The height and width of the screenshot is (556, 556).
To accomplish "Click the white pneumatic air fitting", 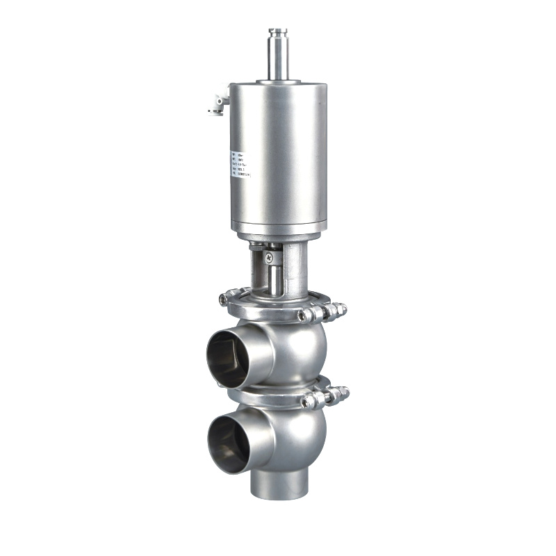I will [x=218, y=104].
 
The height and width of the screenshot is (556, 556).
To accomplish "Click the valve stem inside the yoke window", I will [x=274, y=278].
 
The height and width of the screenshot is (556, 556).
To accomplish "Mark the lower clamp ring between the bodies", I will [x=271, y=395].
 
